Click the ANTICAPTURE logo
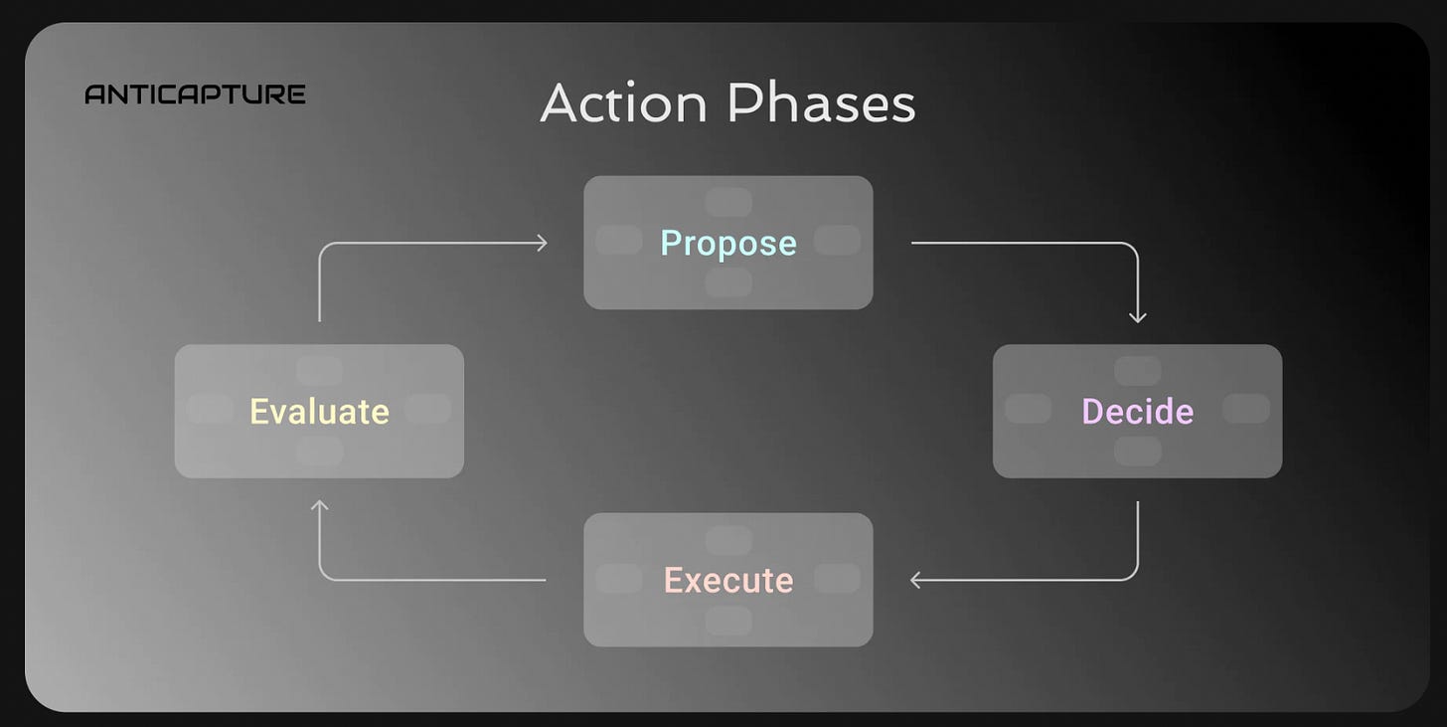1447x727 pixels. click(195, 94)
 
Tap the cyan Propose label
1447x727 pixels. click(728, 243)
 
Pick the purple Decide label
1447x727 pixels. click(1137, 411)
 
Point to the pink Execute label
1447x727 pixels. click(728, 580)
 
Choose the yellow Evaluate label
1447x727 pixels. click(319, 411)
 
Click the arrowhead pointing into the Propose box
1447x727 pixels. click(542, 243)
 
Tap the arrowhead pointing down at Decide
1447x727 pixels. click(1138, 317)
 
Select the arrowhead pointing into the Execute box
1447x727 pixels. click(916, 580)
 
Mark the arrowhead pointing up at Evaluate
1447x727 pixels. click(319, 506)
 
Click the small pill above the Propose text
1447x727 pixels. click(728, 202)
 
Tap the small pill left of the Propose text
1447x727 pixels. click(618, 240)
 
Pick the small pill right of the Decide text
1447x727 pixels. click(1246, 409)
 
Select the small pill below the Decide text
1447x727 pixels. click(1138, 451)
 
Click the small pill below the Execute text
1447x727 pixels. click(728, 621)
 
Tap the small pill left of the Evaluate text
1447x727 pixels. click(210, 409)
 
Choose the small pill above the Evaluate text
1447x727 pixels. click(319, 371)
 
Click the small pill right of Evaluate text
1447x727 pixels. click(428, 409)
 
